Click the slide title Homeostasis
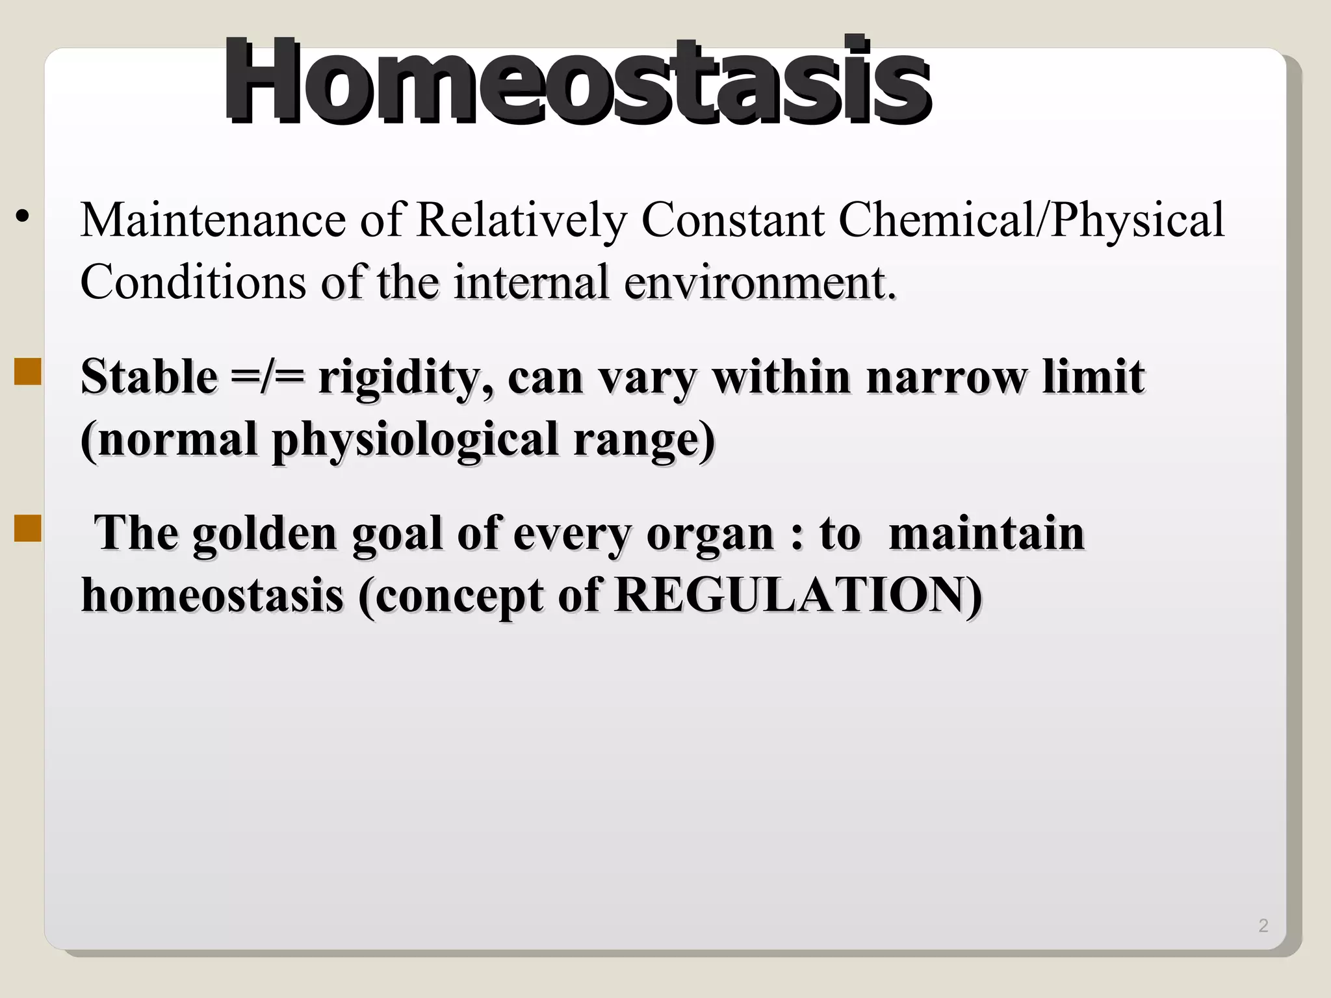coord(577,81)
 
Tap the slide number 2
coord(1263,925)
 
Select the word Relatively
coord(521,221)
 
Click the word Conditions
coord(193,282)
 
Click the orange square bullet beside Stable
coord(27,372)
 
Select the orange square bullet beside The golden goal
coord(27,528)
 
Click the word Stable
coord(149,376)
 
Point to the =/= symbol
coord(267,377)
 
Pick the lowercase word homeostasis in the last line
coord(212,595)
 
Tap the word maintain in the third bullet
coord(986,533)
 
